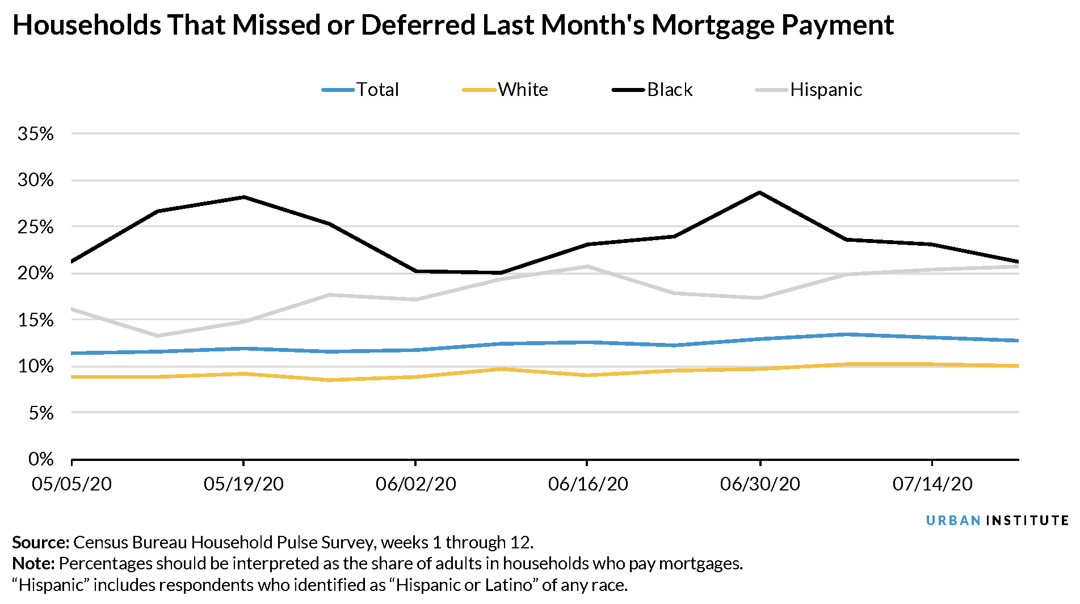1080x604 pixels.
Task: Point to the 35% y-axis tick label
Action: [x=35, y=134]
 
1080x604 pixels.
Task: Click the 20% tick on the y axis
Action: [x=35, y=274]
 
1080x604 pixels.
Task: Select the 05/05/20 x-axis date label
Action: [x=72, y=484]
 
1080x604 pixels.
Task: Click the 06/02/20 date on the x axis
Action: [x=415, y=484]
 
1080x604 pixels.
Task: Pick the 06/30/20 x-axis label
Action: [x=759, y=484]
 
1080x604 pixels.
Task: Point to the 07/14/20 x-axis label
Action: [x=932, y=484]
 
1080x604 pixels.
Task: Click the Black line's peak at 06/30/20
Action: [x=759, y=193]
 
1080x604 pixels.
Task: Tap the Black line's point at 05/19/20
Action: [x=243, y=197]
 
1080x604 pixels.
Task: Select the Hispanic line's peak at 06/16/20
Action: [x=587, y=266]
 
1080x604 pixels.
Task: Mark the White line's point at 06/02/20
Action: [x=415, y=377]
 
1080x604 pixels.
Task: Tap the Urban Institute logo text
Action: [x=997, y=521]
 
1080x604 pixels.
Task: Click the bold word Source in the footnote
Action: [x=40, y=543]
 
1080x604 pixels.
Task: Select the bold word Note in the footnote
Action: [x=33, y=564]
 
